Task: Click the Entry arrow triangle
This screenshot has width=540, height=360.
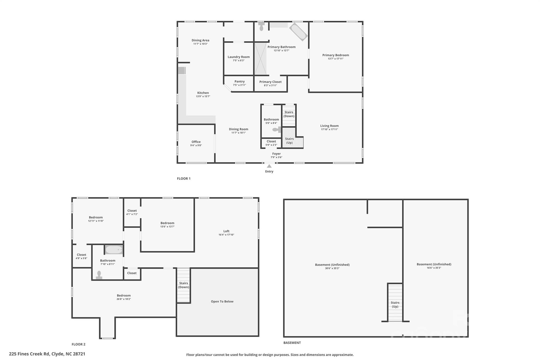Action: (x=269, y=166)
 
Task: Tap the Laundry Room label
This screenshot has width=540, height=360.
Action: (x=239, y=57)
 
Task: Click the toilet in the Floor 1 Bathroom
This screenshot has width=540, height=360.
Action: (x=277, y=129)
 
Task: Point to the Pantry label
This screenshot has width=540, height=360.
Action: (x=239, y=81)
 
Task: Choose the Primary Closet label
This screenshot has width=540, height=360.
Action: (x=270, y=82)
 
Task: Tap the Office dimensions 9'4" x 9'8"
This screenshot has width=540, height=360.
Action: (x=196, y=145)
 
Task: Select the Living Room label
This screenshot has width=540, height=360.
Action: (x=329, y=126)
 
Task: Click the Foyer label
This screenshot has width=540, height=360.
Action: (x=276, y=154)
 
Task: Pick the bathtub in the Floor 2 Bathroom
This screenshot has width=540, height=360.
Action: (x=114, y=249)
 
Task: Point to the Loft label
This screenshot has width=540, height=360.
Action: (x=226, y=231)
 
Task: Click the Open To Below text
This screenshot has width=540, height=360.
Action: (x=222, y=301)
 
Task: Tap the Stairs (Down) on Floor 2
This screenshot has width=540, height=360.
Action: (x=184, y=285)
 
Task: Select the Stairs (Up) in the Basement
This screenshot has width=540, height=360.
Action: (x=395, y=303)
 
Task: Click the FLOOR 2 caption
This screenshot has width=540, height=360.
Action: (x=79, y=344)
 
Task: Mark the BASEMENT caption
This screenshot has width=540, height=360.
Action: (x=292, y=343)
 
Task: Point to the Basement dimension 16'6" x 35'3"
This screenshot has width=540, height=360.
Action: (x=434, y=268)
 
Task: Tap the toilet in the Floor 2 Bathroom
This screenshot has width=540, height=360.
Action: (x=99, y=275)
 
